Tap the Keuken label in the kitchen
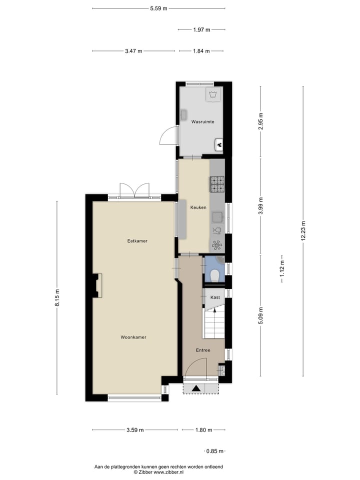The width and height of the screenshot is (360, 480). [197, 207]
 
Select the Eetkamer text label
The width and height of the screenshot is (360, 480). [137, 241]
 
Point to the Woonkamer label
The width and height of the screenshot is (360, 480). [133, 337]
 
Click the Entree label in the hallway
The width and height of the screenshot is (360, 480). [203, 350]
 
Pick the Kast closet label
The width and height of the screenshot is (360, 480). [215, 297]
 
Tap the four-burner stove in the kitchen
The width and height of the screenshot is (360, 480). [217, 184]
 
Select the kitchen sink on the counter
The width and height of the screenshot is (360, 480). [217, 216]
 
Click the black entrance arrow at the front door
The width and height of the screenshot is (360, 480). [196, 388]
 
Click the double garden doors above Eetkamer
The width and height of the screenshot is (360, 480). [134, 190]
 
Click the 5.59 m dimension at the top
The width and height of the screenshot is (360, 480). [158, 8]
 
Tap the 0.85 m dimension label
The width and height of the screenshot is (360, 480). [215, 451]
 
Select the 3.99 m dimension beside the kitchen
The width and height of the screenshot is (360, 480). [260, 206]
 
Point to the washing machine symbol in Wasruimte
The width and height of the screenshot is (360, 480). [213, 94]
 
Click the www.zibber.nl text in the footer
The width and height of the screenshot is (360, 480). [169, 472]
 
